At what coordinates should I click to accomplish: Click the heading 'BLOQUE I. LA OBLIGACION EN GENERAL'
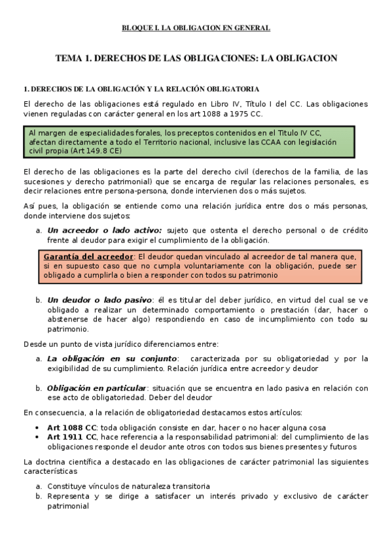196,28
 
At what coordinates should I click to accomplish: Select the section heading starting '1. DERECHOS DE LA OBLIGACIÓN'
141,88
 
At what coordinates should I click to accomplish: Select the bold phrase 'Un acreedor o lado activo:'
104,230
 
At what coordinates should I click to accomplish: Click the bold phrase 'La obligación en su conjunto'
112,358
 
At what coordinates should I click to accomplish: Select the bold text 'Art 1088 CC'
71,428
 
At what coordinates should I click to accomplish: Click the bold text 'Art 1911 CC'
71,437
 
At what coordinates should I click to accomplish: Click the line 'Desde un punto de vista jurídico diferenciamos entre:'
121,344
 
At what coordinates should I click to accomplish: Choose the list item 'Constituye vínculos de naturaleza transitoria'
128,486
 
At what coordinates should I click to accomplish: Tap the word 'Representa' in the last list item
67,496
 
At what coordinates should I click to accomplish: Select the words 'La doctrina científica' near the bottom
63,462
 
